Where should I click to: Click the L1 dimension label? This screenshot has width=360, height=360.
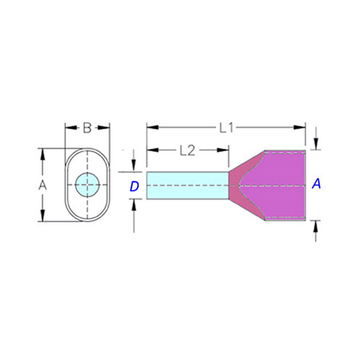(x=226, y=128)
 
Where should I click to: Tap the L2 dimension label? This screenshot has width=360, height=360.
(x=187, y=151)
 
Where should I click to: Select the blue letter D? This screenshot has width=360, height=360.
(x=134, y=186)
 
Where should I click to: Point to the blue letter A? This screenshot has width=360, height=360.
(x=316, y=184)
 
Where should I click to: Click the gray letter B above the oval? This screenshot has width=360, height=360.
(x=87, y=128)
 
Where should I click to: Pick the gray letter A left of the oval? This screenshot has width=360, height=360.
(x=42, y=185)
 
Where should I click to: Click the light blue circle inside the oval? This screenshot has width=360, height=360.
(x=87, y=185)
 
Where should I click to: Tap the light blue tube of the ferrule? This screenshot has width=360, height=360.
(x=188, y=185)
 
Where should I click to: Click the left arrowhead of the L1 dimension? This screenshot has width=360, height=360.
(x=152, y=127)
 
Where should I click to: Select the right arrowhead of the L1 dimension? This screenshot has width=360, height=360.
(x=299, y=127)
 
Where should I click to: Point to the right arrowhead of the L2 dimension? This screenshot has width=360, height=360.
(x=223, y=150)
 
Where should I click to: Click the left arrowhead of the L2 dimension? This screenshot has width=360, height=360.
(x=152, y=150)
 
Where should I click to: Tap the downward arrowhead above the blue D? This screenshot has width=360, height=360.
(x=134, y=166)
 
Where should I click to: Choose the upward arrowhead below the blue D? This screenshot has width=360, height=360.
(x=134, y=205)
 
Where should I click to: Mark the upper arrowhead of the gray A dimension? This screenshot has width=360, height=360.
(x=42, y=154)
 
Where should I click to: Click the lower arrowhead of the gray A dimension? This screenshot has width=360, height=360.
(x=42, y=215)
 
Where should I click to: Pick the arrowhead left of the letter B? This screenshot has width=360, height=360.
(x=71, y=128)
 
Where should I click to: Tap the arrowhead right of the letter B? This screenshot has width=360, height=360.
(x=104, y=128)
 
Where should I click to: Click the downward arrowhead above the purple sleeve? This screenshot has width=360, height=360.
(x=316, y=144)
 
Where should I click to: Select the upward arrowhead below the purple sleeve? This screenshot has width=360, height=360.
(x=316, y=226)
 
